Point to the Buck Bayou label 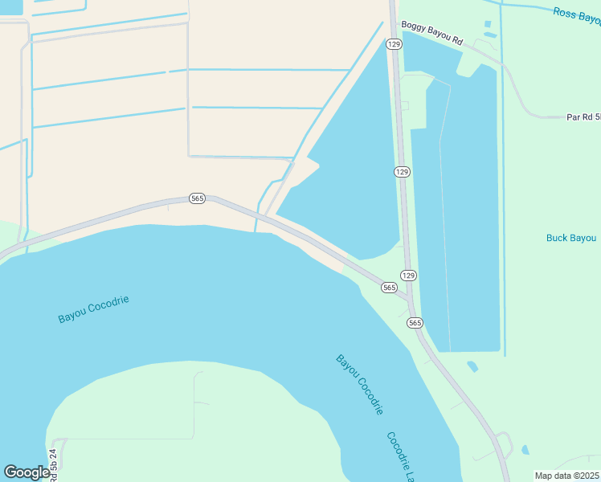pyautogui.click(x=571, y=238)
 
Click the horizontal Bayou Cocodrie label pyautogui.click(x=93, y=309)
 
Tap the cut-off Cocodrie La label pyautogui.click(x=399, y=456)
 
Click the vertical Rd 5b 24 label pyautogui.click(x=55, y=464)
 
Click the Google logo pyautogui.click(x=27, y=472)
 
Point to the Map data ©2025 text pyautogui.click(x=567, y=476)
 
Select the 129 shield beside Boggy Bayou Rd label pyautogui.click(x=393, y=45)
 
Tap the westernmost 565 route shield pyautogui.click(x=197, y=198)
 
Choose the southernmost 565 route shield pyautogui.click(x=415, y=322)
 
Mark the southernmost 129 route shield pyautogui.click(x=408, y=276)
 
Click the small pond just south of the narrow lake pyautogui.click(x=472, y=366)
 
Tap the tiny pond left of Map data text pyautogui.click(x=525, y=450)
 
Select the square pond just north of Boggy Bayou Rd pyautogui.click(x=487, y=24)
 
